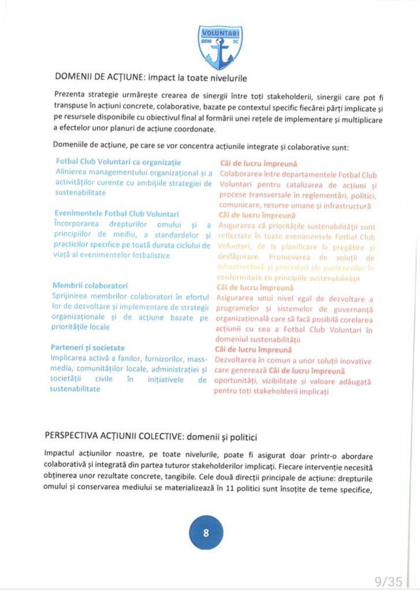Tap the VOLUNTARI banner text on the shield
tap(220, 33)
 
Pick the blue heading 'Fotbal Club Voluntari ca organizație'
tap(118, 163)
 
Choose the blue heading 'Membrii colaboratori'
tap(89, 286)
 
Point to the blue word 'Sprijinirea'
tap(73, 296)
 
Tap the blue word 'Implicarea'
tap(72, 358)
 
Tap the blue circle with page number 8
tap(206, 533)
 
